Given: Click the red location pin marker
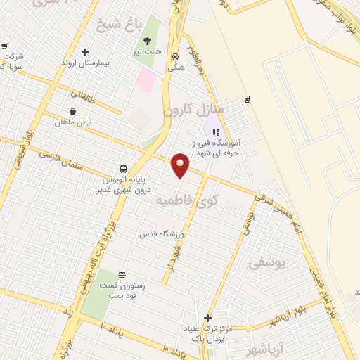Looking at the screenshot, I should pos(181,165).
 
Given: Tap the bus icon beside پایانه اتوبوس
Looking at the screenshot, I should pos(123,169).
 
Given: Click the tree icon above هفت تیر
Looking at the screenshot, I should pos(147,41).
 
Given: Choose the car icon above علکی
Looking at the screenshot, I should pos(175,57).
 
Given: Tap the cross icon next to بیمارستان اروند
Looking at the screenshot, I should pos(85,52).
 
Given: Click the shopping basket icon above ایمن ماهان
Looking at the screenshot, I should pos(73,111).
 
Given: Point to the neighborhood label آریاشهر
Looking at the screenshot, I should pos(273,348).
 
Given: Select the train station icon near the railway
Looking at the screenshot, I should pos(246,98).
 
